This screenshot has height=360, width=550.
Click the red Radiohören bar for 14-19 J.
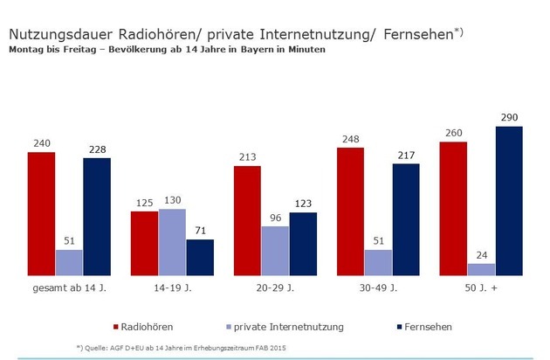click(x=144, y=243)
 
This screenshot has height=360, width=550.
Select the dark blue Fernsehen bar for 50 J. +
click(x=508, y=201)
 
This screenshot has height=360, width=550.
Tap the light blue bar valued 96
click(x=274, y=251)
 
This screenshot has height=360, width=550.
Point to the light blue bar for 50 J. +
click(x=481, y=269)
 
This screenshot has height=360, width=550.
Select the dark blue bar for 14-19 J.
click(x=199, y=258)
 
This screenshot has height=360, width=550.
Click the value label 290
click(x=508, y=117)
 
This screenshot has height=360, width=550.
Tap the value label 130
click(x=172, y=200)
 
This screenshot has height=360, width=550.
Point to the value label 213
click(x=247, y=156)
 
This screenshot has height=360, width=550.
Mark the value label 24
click(x=481, y=254)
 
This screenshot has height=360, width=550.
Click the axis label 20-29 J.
click(x=274, y=287)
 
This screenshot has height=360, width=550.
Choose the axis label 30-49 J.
click(x=377, y=287)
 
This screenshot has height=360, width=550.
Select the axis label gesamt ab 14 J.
click(x=68, y=287)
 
